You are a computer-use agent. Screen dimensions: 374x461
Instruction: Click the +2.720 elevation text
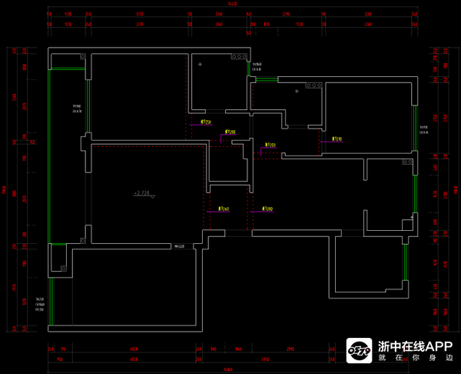coord(141,193)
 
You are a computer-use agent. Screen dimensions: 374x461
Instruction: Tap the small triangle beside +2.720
coord(154,196)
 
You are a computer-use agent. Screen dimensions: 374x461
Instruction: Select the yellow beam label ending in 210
coord(337,139)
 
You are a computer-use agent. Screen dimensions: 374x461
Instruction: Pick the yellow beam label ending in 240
coord(224,209)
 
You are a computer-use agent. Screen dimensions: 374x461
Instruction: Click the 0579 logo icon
coord(359,351)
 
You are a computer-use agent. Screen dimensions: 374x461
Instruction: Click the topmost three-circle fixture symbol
coord(240,57)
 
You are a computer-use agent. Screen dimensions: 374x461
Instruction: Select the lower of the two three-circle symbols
coord(316,85)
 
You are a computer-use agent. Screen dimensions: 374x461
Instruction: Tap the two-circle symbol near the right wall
coord(406,162)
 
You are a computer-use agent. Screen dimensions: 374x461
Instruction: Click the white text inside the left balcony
coord(78,109)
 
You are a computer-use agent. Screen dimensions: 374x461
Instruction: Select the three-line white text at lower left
coord(40,304)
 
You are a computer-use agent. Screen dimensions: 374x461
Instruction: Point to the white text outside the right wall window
coord(424,129)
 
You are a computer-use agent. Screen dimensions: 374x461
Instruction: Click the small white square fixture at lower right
coord(407,225)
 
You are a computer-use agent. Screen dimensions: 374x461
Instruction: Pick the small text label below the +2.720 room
coord(181,246)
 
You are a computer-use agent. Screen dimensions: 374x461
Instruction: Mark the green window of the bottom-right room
coord(405,262)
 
